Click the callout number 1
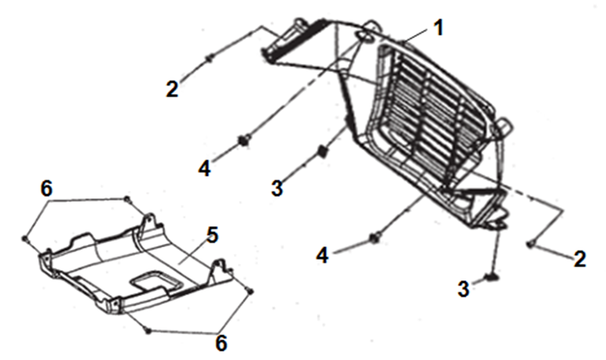(439, 28)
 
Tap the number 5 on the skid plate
(212, 235)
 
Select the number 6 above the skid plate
(46, 189)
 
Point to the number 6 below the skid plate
(221, 343)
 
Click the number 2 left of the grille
(172, 89)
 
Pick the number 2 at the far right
(579, 259)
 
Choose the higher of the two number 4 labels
(205, 168)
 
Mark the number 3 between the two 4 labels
(277, 188)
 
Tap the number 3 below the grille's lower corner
(463, 289)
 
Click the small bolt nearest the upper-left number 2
(209, 58)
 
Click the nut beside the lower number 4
(376, 237)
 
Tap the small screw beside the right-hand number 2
(531, 244)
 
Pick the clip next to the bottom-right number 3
(492, 276)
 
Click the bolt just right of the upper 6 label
(127, 199)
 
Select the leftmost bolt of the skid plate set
(25, 239)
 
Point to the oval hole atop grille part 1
(366, 36)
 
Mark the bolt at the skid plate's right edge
(250, 291)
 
